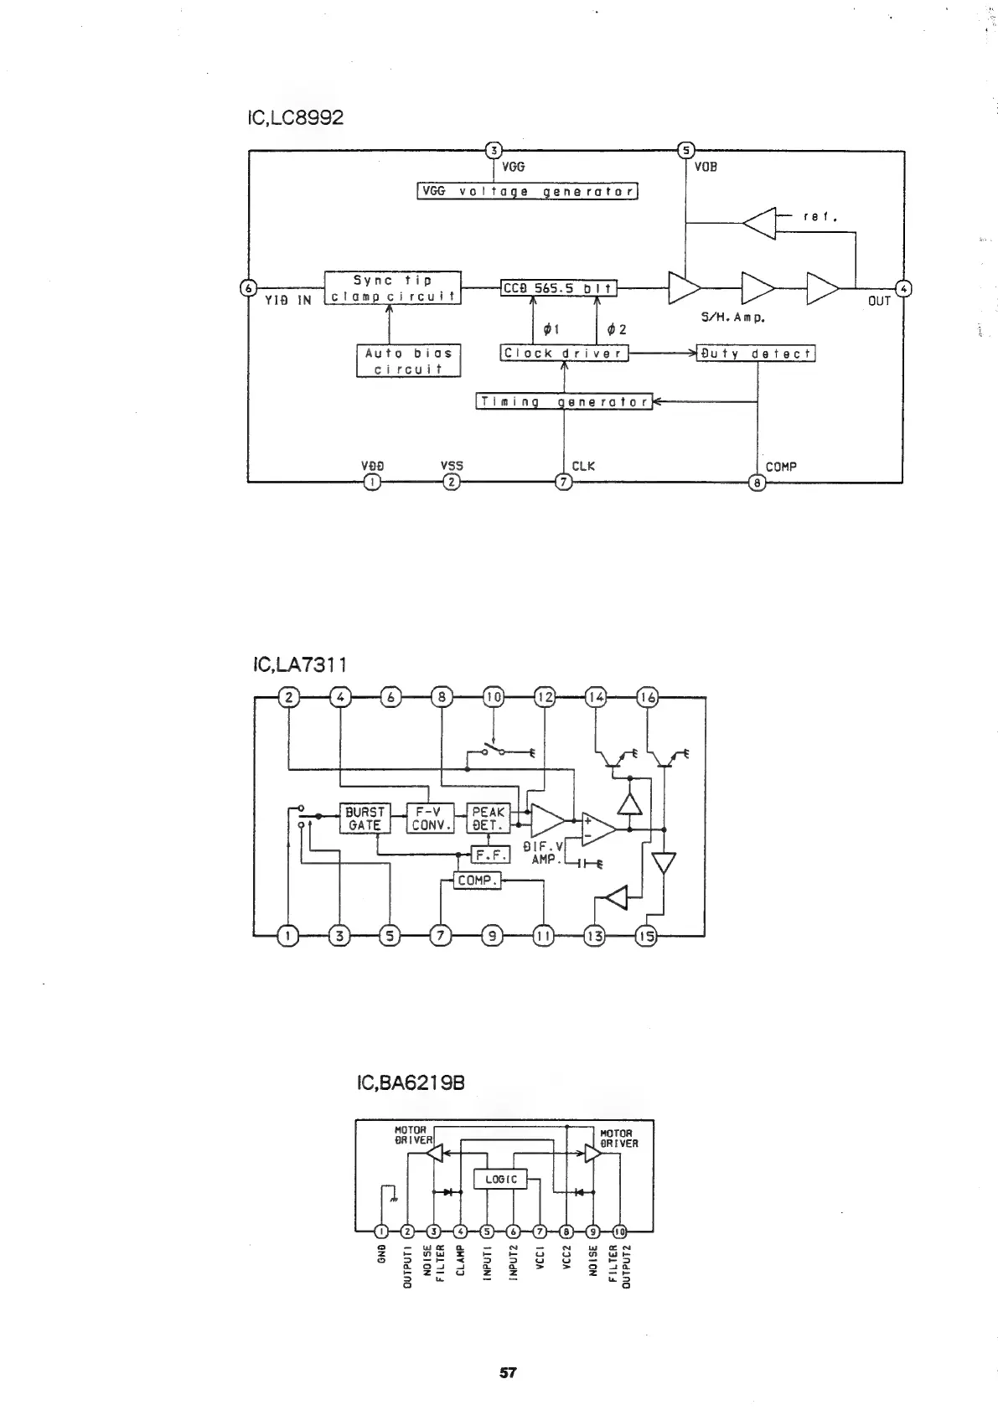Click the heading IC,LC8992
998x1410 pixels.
[x=295, y=117]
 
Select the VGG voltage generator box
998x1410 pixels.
[x=528, y=191]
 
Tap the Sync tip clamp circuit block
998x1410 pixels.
[x=392, y=288]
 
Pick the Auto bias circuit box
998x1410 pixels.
[x=408, y=361]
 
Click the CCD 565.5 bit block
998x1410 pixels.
[x=558, y=289]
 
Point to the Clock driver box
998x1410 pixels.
[x=564, y=354]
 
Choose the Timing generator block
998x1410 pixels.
[x=564, y=401]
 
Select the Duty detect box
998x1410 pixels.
[x=756, y=354]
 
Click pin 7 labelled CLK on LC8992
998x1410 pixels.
[x=564, y=482]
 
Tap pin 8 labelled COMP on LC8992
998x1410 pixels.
[x=757, y=483]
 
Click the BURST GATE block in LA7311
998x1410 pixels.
[x=365, y=819]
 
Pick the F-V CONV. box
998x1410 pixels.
[x=430, y=819]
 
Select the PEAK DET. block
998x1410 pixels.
[x=488, y=819]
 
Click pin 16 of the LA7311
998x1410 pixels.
[x=649, y=697]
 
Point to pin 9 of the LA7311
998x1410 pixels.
[x=493, y=936]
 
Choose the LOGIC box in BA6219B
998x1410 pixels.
[x=501, y=1179]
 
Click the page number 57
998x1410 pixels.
[x=508, y=1373]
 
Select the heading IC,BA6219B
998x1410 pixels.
[x=410, y=1084]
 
